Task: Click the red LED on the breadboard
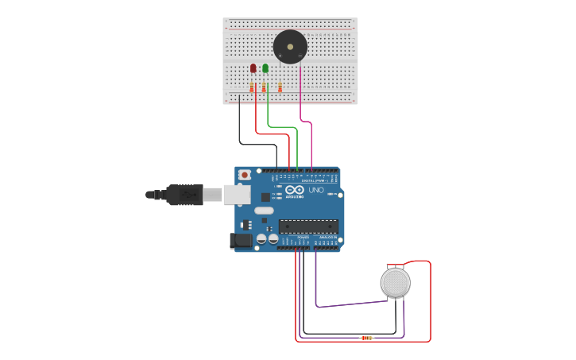click(253, 68)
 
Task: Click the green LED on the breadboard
click(265, 68)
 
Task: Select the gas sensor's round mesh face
click(395, 283)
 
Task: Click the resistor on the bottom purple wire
click(366, 338)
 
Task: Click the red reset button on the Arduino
click(245, 175)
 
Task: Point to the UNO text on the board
click(315, 191)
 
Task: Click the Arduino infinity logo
click(295, 190)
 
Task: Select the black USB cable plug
click(184, 195)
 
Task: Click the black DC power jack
click(242, 240)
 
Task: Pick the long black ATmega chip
click(308, 226)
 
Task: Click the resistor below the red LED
click(252, 87)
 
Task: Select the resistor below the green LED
click(264, 87)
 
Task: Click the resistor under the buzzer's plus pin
click(280, 87)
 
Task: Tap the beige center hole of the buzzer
click(290, 47)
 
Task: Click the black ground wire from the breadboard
click(240, 127)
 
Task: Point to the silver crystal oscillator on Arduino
click(264, 211)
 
